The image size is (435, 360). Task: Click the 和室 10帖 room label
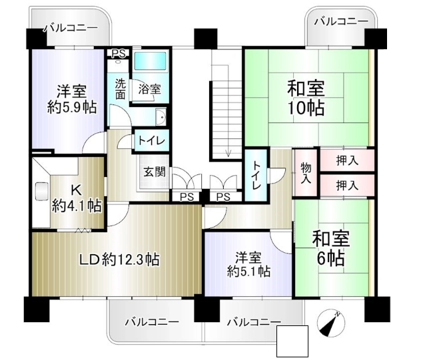pyautogui.click(x=306, y=98)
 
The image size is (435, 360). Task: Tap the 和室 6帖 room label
pyautogui.click(x=331, y=248)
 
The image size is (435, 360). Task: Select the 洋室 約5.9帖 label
pyautogui.click(x=71, y=100)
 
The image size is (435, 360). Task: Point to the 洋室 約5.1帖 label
pyautogui.click(x=248, y=264)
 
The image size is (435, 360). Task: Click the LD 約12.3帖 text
pyautogui.click(x=119, y=260)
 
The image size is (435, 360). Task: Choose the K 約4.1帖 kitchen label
pyautogui.click(x=77, y=198)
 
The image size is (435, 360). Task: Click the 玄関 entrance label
pyautogui.click(x=155, y=172)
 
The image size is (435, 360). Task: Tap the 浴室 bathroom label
pyautogui.click(x=149, y=89)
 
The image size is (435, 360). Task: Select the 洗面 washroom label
pyautogui.click(x=120, y=89)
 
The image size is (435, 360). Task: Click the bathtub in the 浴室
pyautogui.click(x=150, y=61)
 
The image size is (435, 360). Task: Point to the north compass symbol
pyautogui.click(x=331, y=323)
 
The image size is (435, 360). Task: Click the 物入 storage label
pyautogui.click(x=306, y=173)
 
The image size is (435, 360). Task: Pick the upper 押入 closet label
pyautogui.click(x=347, y=160)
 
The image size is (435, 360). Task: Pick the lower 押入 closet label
pyautogui.click(x=347, y=185)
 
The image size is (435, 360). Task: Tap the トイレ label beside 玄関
pyautogui.click(x=151, y=141)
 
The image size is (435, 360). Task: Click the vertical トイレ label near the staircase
pyautogui.click(x=256, y=176)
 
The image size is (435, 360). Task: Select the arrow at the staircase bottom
pyautogui.click(x=228, y=152)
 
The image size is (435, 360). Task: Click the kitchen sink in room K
pyautogui.click(x=41, y=191)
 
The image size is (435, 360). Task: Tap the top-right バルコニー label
pyautogui.click(x=341, y=21)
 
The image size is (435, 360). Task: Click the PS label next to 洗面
pyautogui.click(x=119, y=53)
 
